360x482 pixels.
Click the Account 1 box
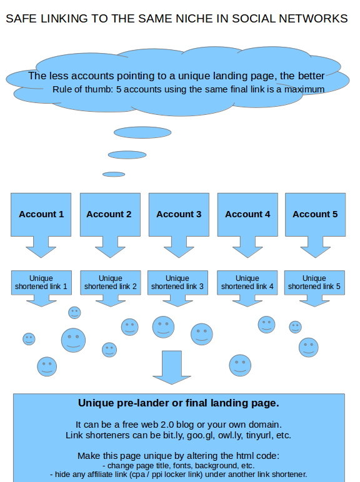point(41,215)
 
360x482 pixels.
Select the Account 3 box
point(179,215)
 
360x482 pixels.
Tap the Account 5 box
point(315,215)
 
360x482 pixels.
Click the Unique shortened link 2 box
point(111,282)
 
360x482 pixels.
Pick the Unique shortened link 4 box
point(247,282)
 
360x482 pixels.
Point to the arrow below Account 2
point(110,247)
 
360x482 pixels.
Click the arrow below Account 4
point(247,247)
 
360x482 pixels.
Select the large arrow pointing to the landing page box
point(172,367)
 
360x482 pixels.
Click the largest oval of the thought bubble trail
point(142,132)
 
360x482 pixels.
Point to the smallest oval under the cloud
point(114,174)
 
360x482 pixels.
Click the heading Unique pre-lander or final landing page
point(179,403)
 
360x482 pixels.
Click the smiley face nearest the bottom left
point(47,366)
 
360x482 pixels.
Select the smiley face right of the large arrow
point(240,365)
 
